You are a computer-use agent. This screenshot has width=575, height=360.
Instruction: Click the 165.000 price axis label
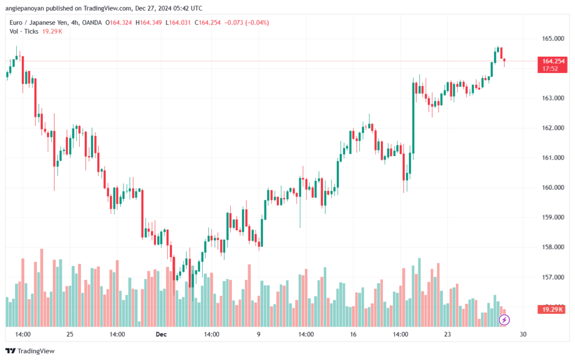tap(553, 39)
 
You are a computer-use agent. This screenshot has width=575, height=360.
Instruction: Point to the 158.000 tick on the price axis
tap(553, 247)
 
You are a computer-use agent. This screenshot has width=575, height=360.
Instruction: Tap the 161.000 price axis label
tap(553, 158)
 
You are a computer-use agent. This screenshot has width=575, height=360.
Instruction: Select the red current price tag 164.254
tap(553, 61)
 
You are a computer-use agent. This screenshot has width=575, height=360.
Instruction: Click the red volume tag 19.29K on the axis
tap(553, 309)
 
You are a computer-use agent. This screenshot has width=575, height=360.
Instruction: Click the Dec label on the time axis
tap(162, 334)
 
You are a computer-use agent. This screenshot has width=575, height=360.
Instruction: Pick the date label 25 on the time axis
tap(70, 334)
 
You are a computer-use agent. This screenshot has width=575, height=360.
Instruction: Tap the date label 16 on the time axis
tap(353, 334)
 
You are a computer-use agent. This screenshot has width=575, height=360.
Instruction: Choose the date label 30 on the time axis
tap(523, 334)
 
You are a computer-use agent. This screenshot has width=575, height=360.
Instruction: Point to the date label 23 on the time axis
tap(448, 334)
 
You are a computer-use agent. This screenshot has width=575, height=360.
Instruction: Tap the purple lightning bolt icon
tap(504, 320)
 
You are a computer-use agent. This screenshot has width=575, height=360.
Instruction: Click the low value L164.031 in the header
tap(179, 22)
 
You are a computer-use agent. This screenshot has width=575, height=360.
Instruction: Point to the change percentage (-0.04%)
tap(257, 22)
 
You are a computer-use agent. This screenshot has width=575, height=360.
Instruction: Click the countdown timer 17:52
tap(550, 69)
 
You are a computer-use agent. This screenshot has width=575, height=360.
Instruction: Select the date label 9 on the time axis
tap(259, 334)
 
